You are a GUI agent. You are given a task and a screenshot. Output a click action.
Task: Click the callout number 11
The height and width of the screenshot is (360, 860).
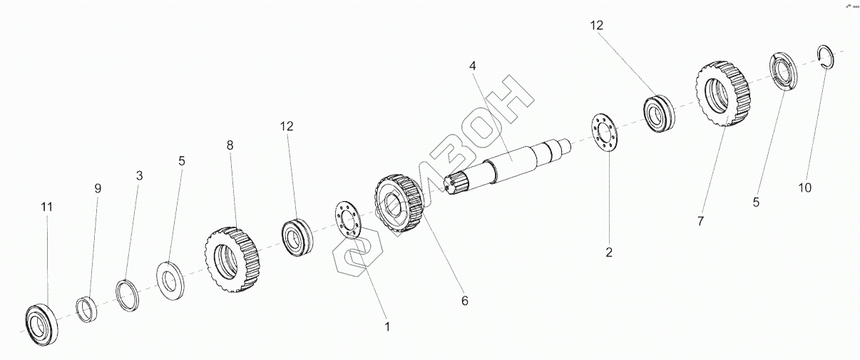coord(47,207)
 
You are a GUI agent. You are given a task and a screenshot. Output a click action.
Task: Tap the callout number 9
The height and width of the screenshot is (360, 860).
coord(98,188)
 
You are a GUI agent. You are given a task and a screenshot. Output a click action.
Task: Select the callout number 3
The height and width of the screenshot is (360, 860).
coord(139,175)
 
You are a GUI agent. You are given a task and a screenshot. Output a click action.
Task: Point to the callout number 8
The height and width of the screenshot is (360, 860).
coord(230,145)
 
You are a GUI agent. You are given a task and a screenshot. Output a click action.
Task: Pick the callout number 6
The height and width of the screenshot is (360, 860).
coord(464,301)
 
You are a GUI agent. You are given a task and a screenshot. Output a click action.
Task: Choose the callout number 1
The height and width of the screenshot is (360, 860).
coord(387,327)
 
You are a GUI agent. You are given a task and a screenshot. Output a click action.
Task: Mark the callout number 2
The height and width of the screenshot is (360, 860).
coord(609,252)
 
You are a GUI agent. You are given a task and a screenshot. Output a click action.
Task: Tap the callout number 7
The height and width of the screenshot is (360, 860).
coord(700,222)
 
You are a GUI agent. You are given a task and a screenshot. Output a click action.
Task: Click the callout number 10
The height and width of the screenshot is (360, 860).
coord(804,188)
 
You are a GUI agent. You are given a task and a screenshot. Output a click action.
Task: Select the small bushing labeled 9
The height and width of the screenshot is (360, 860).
coord(86,308)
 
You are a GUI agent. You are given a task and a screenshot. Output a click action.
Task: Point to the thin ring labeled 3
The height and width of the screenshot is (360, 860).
coord(127,295)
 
